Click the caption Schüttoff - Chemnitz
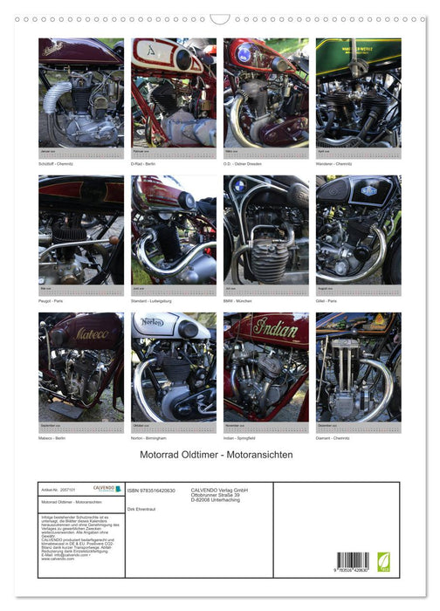click(x=56, y=161)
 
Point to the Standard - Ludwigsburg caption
click(x=150, y=299)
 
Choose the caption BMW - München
click(x=237, y=299)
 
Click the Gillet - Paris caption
click(x=327, y=299)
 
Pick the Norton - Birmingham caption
click(x=150, y=436)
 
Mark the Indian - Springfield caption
click(x=240, y=436)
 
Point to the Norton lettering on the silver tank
click(x=154, y=322)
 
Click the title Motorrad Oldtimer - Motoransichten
click(x=220, y=455)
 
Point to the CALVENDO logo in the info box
click(x=106, y=490)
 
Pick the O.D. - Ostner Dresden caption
click(x=242, y=161)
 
